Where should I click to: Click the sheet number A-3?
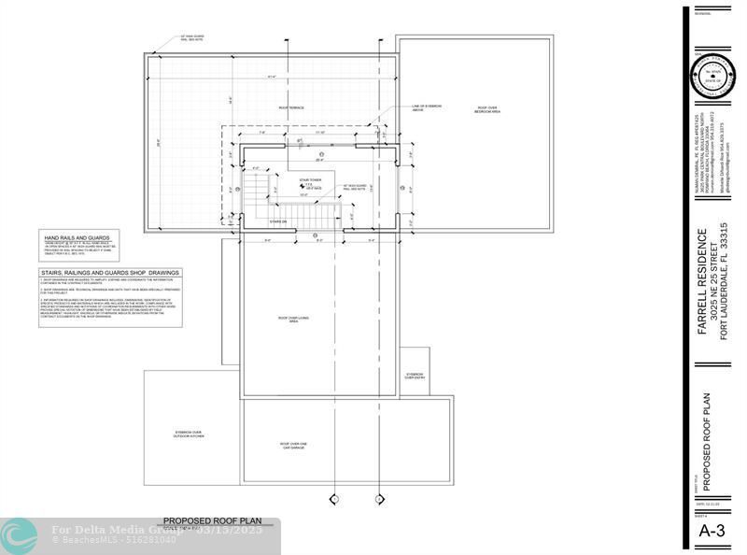tap(712, 531)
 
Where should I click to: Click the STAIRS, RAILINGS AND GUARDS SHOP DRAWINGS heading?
tap(110, 273)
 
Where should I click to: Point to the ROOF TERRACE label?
tap(291, 108)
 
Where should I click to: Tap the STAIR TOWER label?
tap(310, 179)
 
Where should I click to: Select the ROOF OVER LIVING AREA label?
tap(294, 319)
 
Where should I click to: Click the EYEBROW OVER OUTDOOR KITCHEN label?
tap(190, 434)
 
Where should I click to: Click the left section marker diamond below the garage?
tap(333, 500)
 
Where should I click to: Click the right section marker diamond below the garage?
tap(380, 500)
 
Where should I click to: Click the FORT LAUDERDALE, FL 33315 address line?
tap(724, 280)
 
